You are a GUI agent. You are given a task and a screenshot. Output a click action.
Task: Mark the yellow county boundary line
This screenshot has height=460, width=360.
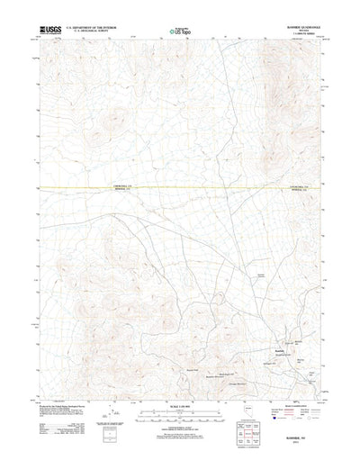coord(180,187)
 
